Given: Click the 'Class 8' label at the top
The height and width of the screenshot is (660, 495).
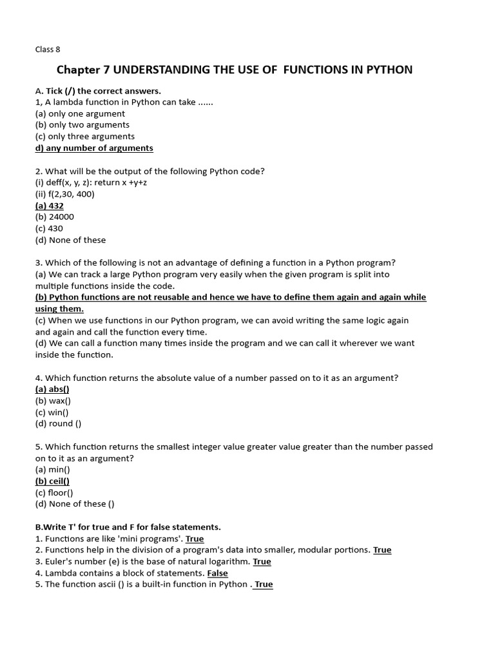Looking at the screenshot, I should pyautogui.click(x=48, y=49).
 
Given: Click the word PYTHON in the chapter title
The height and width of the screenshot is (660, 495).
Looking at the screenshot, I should pyautogui.click(x=385, y=70).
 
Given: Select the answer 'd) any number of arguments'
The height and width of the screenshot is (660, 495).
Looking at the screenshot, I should pyautogui.click(x=94, y=148).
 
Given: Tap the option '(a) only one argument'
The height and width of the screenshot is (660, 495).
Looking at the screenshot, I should pyautogui.click(x=80, y=113).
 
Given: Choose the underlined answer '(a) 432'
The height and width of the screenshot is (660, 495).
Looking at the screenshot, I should pyautogui.click(x=50, y=206).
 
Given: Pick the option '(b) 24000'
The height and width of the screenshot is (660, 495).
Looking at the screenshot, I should pyautogui.click(x=55, y=217).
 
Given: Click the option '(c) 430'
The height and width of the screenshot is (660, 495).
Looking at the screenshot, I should pyautogui.click(x=49, y=228).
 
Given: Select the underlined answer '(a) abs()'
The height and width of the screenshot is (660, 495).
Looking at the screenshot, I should pyautogui.click(x=52, y=389).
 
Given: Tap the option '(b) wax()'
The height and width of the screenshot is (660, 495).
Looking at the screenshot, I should pyautogui.click(x=53, y=401).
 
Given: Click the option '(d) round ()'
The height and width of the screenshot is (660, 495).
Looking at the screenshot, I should pyautogui.click(x=58, y=423).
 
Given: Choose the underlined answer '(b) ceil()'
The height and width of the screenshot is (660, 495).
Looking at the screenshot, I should pyautogui.click(x=52, y=481).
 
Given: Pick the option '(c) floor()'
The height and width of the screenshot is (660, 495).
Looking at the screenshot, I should pyautogui.click(x=54, y=492).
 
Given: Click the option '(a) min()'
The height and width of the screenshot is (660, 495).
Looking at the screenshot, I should pyautogui.click(x=52, y=469).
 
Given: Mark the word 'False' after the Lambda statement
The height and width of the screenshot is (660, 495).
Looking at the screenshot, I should pyautogui.click(x=217, y=573).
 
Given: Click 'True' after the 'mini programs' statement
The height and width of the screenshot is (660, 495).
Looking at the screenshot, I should pyautogui.click(x=195, y=539).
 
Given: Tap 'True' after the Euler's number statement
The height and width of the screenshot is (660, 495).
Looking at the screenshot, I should pyautogui.click(x=262, y=561).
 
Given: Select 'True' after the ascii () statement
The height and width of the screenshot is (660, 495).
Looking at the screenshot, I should pyautogui.click(x=264, y=584).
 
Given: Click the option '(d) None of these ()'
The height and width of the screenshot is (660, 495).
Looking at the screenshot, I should pyautogui.click(x=75, y=504).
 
